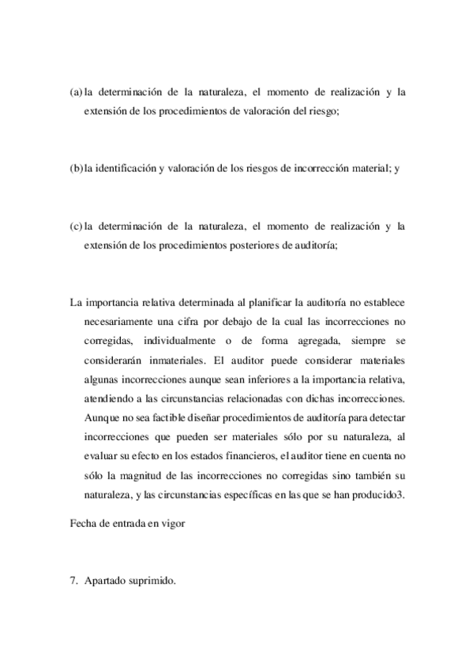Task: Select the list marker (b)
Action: [77, 169]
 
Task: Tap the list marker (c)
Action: [77, 227]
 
